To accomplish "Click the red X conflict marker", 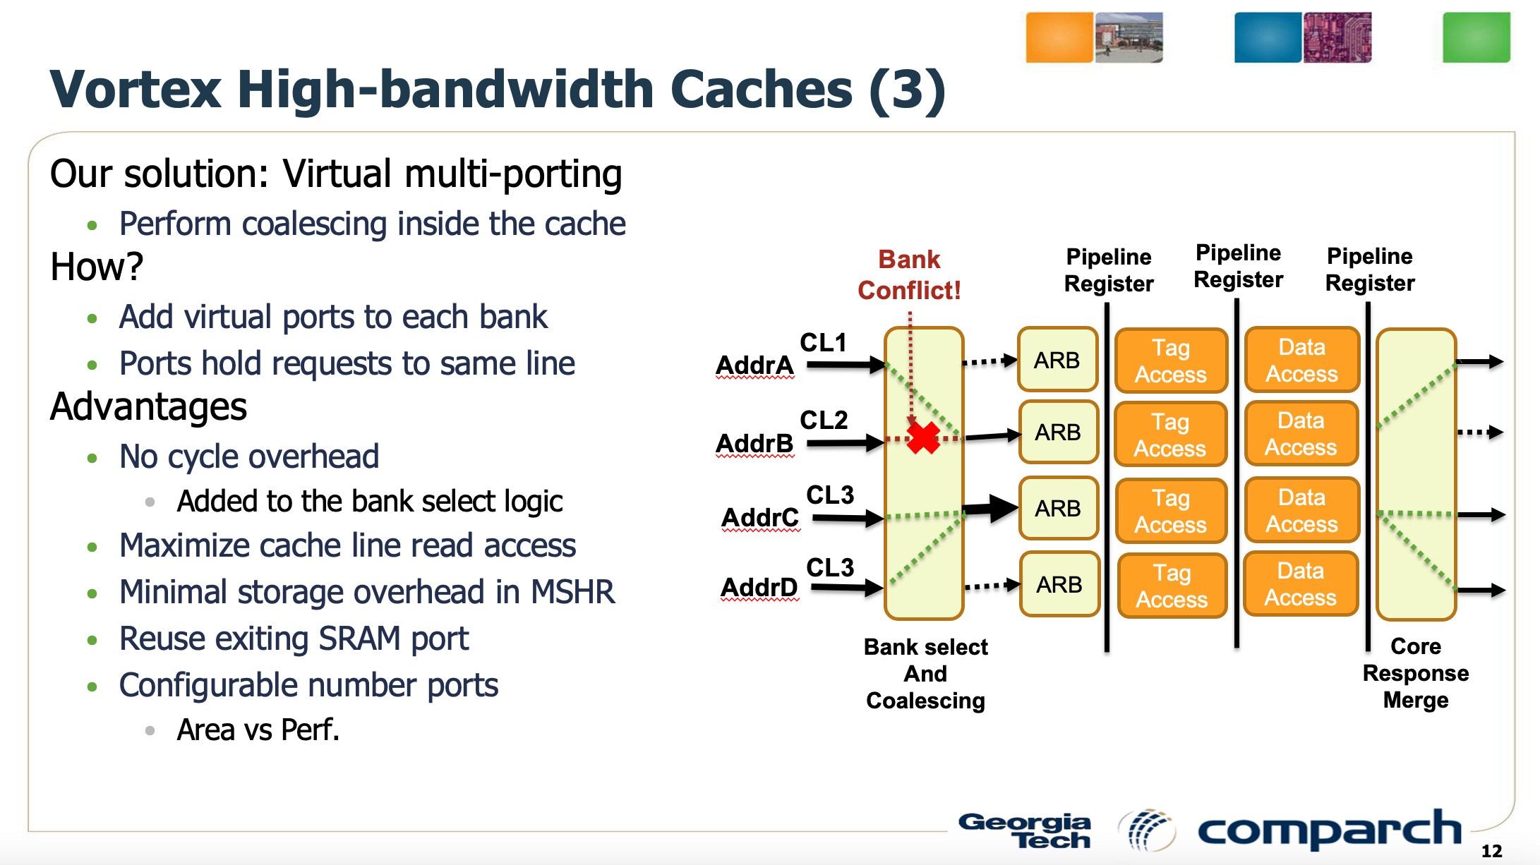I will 923,438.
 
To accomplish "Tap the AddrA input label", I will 754,365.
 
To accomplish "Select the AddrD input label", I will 759,587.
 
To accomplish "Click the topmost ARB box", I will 1057,360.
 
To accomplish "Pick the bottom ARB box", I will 1059,584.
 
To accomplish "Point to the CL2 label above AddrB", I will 823,420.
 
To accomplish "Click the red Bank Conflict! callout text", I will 909,275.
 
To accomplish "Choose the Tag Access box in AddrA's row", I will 1171,361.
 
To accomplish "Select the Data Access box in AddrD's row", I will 1300,584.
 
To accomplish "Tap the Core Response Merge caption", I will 1415,673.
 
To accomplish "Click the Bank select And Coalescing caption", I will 925,674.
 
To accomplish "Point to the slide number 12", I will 1491,851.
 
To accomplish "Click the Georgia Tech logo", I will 1025,830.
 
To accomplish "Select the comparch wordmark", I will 1329,830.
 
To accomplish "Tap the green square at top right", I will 1476,37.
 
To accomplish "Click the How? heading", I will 97,267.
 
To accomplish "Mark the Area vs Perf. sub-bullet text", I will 258,730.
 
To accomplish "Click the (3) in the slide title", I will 907,90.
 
